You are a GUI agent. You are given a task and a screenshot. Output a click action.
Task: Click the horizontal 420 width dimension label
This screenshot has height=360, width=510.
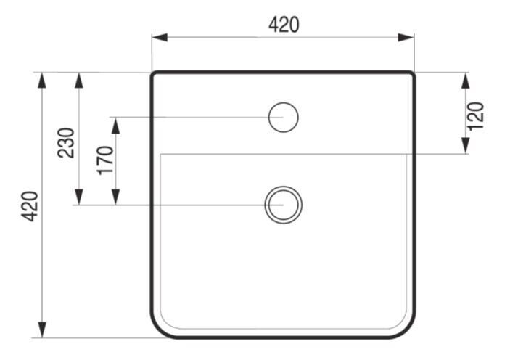click(x=284, y=25)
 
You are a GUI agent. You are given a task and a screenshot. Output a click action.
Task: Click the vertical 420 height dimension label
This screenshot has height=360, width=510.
click(x=30, y=206)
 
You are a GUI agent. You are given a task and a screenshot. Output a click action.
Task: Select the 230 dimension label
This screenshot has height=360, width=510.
click(x=66, y=143)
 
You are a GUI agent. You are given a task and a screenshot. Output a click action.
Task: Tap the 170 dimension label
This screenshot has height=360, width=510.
click(x=105, y=160)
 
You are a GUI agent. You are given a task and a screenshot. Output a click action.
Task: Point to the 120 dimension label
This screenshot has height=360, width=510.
click(x=475, y=116)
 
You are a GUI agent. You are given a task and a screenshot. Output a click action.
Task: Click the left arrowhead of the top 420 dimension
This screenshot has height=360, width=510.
click(x=160, y=38)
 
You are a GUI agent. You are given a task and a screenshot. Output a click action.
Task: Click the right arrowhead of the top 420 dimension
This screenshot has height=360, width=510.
click(x=406, y=38)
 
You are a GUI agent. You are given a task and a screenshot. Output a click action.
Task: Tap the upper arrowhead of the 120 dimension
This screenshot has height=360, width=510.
click(x=466, y=81)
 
